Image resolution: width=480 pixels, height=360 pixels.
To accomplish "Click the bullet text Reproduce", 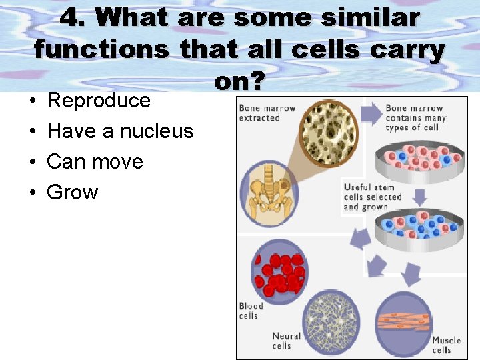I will coord(99,101).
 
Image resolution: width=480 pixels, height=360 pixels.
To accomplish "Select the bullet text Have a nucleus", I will coord(120,131).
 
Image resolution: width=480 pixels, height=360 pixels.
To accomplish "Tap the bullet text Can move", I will coord(95,162).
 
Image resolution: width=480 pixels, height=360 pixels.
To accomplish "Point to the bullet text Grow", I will coord(72,193).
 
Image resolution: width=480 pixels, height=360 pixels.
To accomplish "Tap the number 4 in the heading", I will coord(69,18).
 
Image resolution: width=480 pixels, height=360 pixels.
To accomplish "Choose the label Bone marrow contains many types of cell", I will coord(416,117).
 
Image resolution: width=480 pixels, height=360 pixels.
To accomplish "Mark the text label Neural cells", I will coord(286,341).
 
